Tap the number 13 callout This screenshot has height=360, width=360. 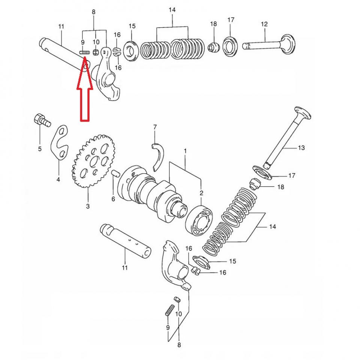point(301,148)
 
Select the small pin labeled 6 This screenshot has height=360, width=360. point(115,174)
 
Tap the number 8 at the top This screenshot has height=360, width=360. point(94,12)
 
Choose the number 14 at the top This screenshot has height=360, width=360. point(172,10)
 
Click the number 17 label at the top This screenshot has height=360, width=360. point(231,19)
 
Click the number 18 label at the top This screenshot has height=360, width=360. point(213,24)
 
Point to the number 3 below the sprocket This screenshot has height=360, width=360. point(88,206)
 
